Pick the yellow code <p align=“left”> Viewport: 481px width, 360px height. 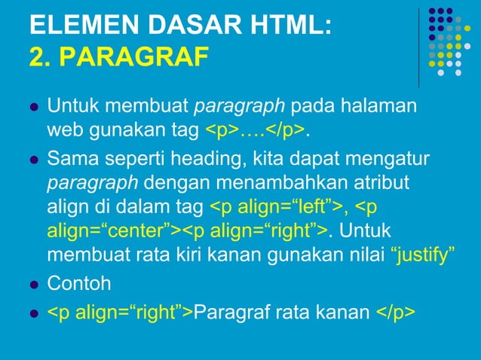click(x=277, y=207)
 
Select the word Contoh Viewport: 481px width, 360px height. click(x=79, y=284)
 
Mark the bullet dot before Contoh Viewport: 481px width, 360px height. click(x=33, y=285)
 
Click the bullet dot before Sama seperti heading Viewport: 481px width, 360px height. click(x=33, y=161)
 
